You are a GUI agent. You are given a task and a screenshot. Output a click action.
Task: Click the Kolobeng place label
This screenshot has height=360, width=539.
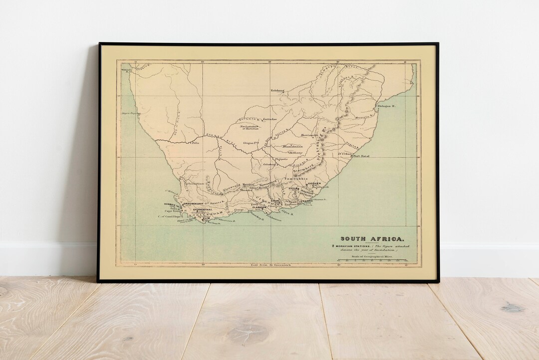pos(277,90)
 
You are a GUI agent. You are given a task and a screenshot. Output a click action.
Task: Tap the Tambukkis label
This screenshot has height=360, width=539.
pos(295,179)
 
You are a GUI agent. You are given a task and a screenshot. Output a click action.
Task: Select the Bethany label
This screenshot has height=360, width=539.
pos(295,152)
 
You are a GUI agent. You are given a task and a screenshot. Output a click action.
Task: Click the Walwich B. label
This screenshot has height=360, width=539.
pos(125,70)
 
